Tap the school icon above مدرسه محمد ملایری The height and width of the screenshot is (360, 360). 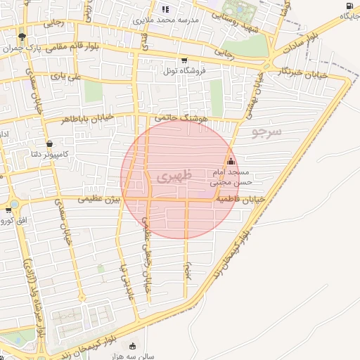tap(166, 9)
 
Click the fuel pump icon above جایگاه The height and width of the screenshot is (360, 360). tap(349, 6)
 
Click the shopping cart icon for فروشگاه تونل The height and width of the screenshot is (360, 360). tap(184, 60)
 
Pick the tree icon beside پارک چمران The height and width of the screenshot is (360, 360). tap(22, 37)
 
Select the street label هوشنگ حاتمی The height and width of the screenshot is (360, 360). tap(184, 120)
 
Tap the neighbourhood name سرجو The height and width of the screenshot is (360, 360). tap(266, 131)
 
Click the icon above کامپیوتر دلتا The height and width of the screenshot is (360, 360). tap(46, 140)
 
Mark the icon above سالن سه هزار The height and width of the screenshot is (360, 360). tap(134, 345)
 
